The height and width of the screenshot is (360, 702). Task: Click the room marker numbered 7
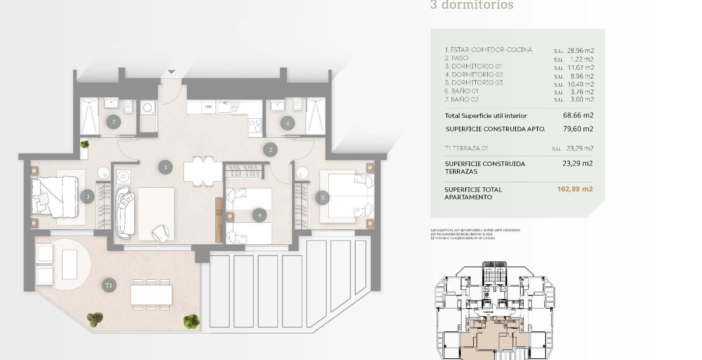[x=114, y=122]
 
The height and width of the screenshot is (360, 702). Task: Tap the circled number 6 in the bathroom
[x=288, y=123]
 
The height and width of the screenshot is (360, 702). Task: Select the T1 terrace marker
[x=109, y=285]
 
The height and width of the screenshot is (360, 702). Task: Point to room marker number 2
[x=270, y=150]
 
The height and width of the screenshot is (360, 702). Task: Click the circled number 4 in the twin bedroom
[x=259, y=215]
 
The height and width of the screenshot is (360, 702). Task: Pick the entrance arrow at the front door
[x=171, y=72]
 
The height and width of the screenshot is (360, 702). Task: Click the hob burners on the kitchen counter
[x=256, y=125]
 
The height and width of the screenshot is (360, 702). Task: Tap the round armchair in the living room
[x=161, y=233]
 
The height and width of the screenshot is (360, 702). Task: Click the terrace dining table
[x=151, y=295]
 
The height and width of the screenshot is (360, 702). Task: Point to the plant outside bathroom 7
[x=85, y=144]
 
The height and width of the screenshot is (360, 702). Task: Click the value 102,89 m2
[x=575, y=189]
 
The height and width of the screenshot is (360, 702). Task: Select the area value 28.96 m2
[x=580, y=51]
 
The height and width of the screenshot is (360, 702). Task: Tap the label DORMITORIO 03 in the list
[x=477, y=83]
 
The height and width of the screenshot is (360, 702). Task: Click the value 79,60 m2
[x=578, y=129]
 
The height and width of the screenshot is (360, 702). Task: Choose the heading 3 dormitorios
[x=471, y=5]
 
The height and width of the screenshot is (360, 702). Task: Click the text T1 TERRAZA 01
[x=466, y=148]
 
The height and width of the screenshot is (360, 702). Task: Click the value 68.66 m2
[x=578, y=115]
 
